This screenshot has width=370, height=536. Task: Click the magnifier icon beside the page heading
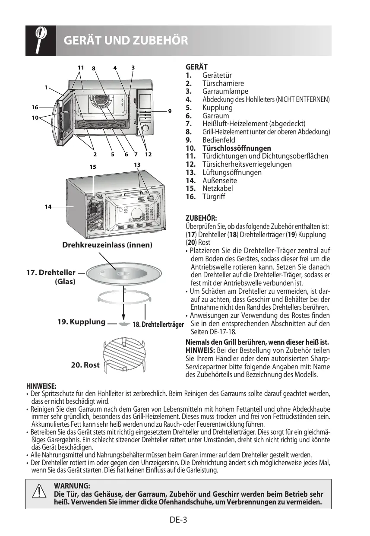pos(40,40)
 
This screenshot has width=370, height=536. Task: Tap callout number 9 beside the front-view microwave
pos(170,111)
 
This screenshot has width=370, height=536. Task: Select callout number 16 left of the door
pos(35,107)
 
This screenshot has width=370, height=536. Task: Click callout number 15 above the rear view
pos(92,166)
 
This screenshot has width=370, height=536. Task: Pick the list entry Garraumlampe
pos(225,92)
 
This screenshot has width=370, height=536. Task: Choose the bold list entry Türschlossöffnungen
pos(237,148)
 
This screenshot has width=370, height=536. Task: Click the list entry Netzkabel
pos(217,188)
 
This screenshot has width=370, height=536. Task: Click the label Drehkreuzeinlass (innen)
pos(108,245)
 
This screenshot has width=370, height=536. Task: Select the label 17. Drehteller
pos(51,273)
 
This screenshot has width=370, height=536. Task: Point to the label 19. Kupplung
pos(82,322)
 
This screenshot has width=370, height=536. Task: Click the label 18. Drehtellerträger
pos(158,324)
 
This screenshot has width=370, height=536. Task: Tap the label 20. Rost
pos(85,365)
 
